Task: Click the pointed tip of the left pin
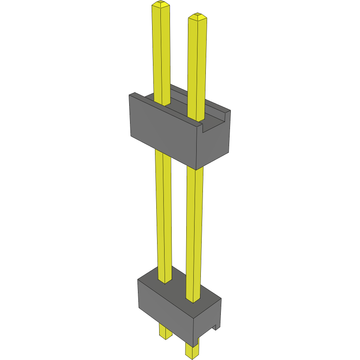pos(161,4)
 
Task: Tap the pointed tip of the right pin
pos(197,16)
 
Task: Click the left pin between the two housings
pos(163,208)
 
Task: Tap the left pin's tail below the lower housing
pos(165,331)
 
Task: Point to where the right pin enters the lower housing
pos(193,299)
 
